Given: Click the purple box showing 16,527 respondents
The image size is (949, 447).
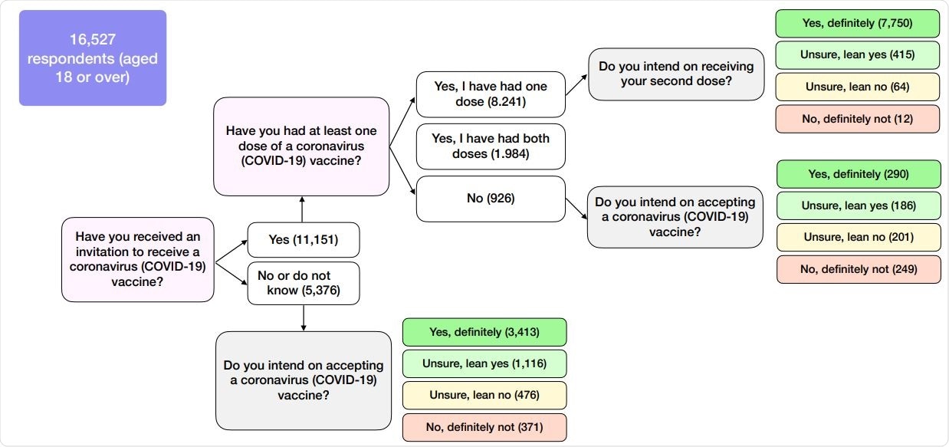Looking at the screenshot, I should (x=93, y=58).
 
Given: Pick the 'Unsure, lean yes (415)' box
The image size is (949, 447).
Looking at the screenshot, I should (x=858, y=54).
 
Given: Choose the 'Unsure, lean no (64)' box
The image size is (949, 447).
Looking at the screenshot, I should (x=858, y=87).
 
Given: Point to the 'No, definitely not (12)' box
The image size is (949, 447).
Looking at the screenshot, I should (x=858, y=119).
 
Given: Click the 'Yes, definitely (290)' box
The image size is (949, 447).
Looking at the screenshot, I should (x=859, y=174).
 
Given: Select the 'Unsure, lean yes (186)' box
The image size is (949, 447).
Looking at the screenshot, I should (x=859, y=205).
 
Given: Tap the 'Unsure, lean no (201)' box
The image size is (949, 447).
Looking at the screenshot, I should (x=859, y=237).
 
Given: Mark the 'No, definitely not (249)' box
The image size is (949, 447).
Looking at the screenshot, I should (x=859, y=269).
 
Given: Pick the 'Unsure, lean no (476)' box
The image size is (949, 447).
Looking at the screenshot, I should (x=484, y=396).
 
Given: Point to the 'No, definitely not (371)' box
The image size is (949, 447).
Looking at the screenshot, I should (x=484, y=427).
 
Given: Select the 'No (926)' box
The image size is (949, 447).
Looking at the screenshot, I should (x=491, y=199).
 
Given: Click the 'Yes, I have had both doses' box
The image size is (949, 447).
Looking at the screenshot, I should (x=491, y=146).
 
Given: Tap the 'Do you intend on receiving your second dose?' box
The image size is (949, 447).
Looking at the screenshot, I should (x=676, y=74).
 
